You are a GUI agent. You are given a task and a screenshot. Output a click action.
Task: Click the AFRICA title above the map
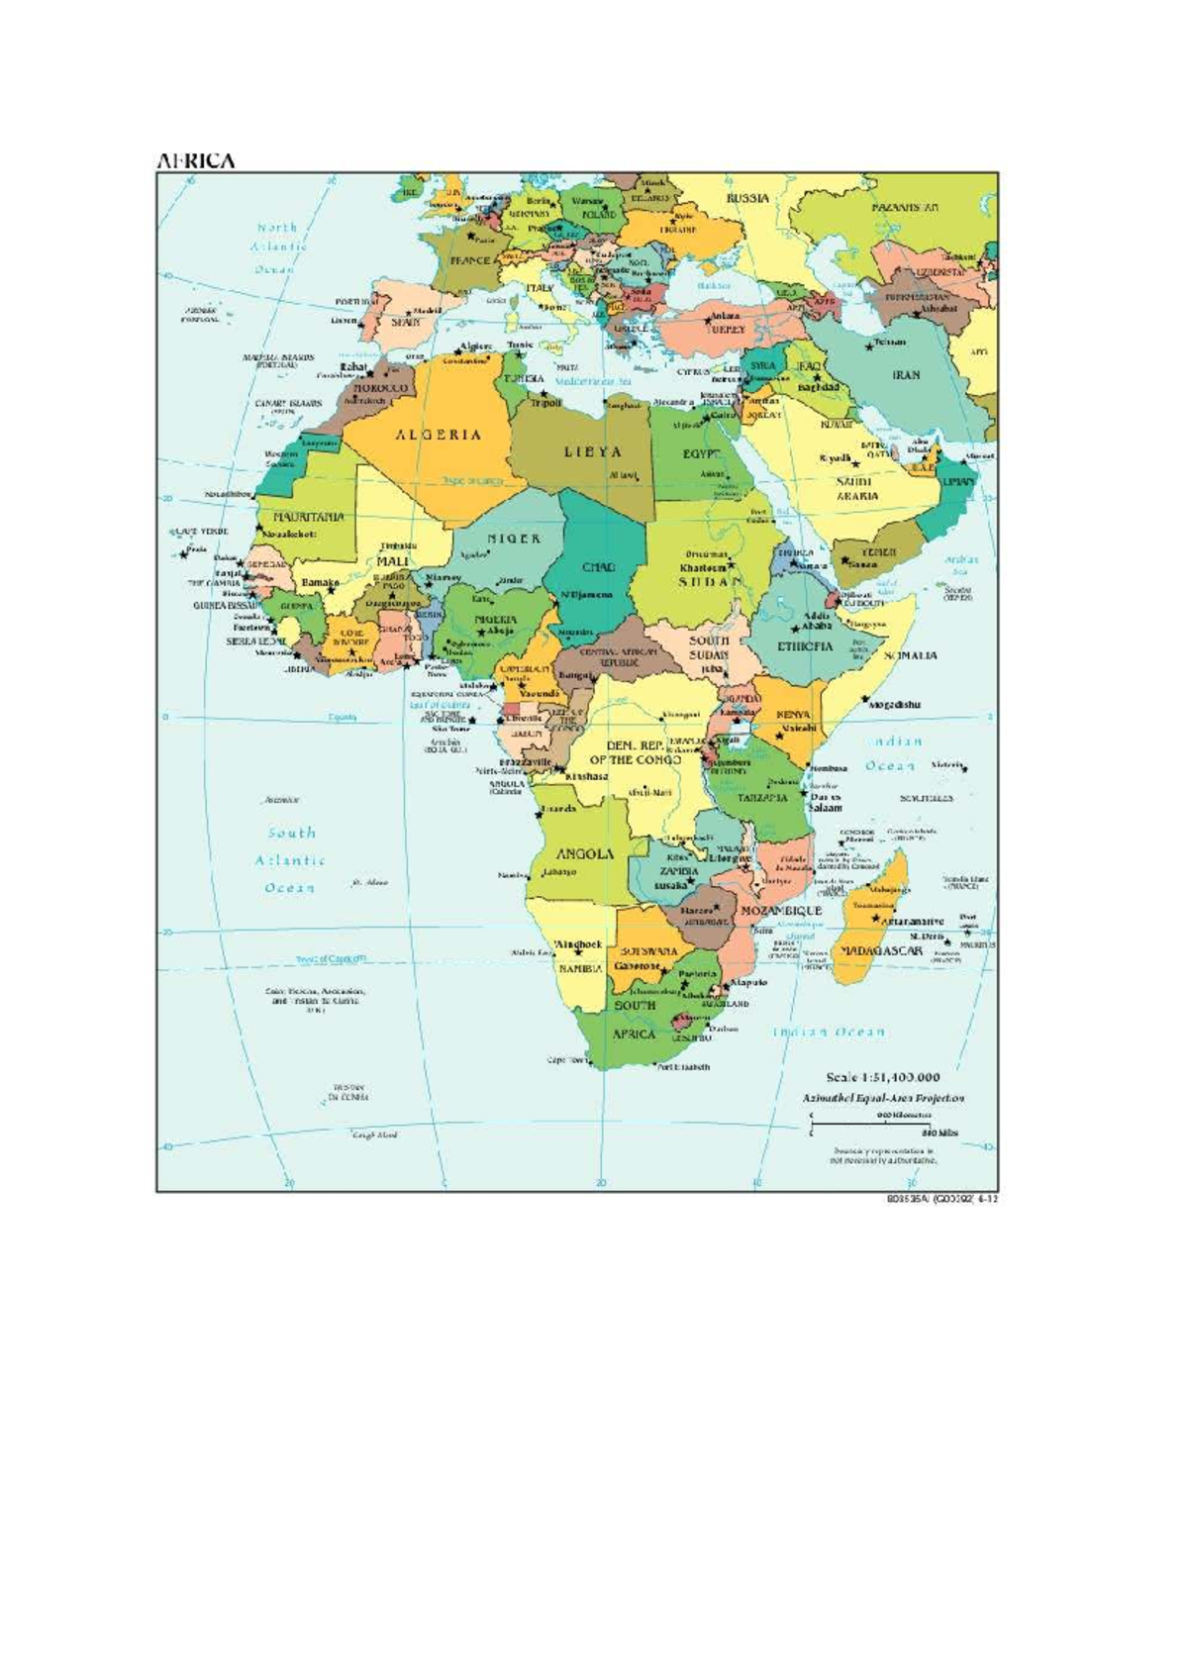(195, 160)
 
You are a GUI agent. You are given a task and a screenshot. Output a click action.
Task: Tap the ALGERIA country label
(440, 435)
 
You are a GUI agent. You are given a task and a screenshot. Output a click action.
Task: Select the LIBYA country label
(593, 451)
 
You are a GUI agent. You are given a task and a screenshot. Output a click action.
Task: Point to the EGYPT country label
(700, 454)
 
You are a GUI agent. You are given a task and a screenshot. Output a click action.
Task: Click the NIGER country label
(514, 539)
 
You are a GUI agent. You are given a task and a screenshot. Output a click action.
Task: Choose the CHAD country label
(598, 568)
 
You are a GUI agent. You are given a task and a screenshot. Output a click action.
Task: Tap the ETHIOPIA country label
(805, 646)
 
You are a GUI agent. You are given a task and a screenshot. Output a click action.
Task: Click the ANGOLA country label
(584, 853)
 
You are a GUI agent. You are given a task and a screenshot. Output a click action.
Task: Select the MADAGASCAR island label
(881, 950)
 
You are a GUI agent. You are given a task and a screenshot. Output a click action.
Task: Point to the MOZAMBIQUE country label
(781, 910)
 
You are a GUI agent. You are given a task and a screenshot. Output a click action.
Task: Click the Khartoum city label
(703, 569)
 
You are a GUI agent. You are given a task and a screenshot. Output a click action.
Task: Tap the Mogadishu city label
(895, 705)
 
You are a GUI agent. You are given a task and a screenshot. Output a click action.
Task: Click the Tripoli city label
(546, 403)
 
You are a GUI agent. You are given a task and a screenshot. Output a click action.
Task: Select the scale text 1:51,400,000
(883, 1077)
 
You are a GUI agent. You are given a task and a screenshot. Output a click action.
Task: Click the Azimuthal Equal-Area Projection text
(883, 1098)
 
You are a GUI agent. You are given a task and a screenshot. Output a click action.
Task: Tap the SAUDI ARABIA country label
(852, 488)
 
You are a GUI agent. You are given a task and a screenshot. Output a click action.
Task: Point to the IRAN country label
(906, 375)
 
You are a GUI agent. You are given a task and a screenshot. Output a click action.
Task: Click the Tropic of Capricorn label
(331, 959)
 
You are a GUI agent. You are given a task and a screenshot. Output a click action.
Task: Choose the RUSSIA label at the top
(747, 198)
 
